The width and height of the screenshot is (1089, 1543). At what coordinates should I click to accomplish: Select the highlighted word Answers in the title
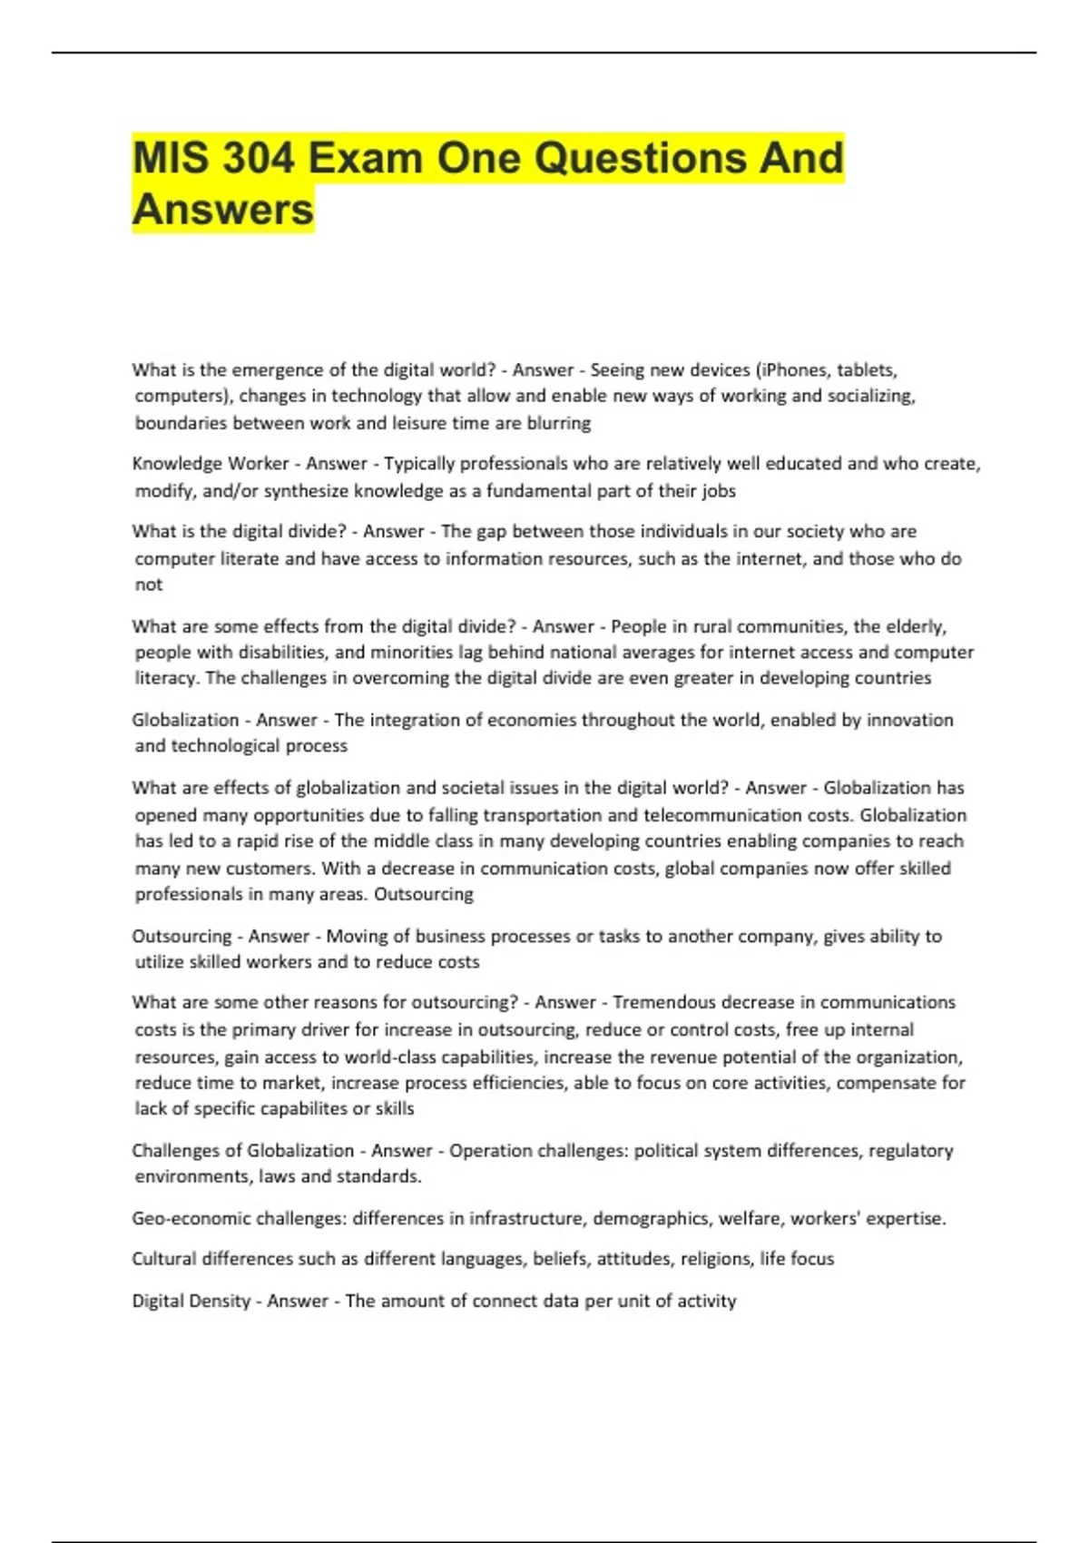223,210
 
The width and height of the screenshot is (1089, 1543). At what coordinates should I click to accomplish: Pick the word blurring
557,423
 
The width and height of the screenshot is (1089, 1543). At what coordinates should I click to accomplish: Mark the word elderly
915,626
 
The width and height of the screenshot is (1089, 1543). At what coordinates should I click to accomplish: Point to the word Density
216,1301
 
